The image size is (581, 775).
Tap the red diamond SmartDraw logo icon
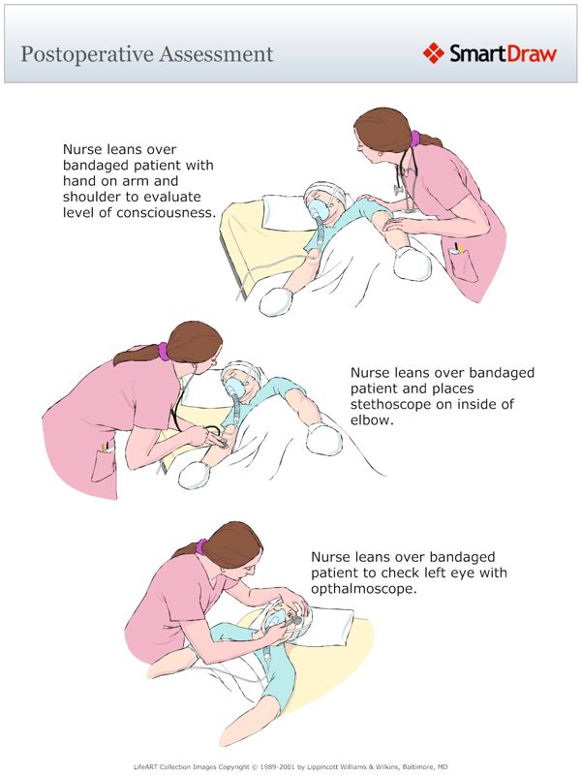(433, 52)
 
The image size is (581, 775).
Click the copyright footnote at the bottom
(290, 765)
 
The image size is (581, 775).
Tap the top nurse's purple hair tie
(415, 139)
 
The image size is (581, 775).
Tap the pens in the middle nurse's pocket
(104, 447)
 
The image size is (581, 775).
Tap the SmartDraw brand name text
(503, 53)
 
